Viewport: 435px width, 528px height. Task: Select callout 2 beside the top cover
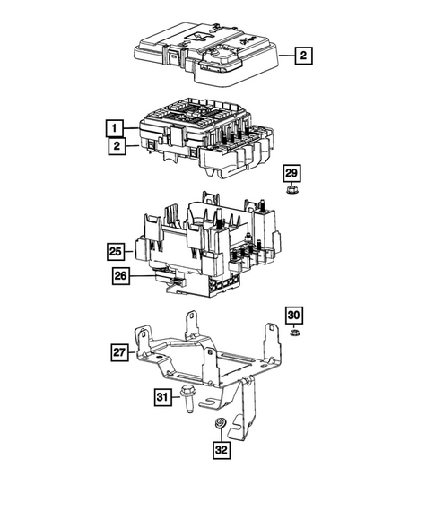pyautogui.click(x=304, y=56)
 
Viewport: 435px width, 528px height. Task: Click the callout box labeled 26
pyautogui.click(x=122, y=276)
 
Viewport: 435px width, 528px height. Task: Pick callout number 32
pyautogui.click(x=221, y=449)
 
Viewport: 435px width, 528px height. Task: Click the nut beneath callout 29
pyautogui.click(x=291, y=190)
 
